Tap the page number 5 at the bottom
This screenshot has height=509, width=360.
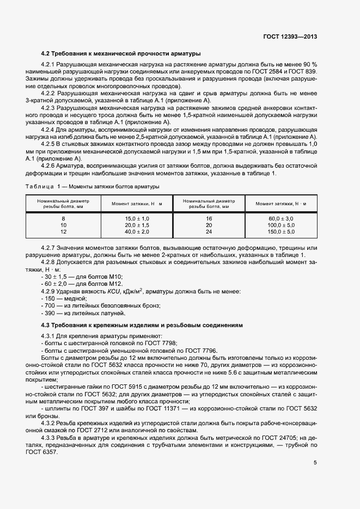[315, 463]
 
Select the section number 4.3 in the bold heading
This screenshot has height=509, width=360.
[46, 325]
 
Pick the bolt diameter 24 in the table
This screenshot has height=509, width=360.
[209, 231]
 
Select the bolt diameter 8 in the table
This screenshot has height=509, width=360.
[63, 218]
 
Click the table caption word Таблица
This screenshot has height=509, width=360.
[40, 187]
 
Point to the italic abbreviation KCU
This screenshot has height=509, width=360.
[113, 291]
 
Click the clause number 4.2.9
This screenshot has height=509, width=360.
[51, 291]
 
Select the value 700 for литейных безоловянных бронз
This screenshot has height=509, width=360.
[50, 306]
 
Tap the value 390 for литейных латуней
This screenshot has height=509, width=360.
[50, 314]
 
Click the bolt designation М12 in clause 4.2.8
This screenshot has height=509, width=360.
[113, 284]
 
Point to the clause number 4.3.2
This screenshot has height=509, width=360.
[51, 422]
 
